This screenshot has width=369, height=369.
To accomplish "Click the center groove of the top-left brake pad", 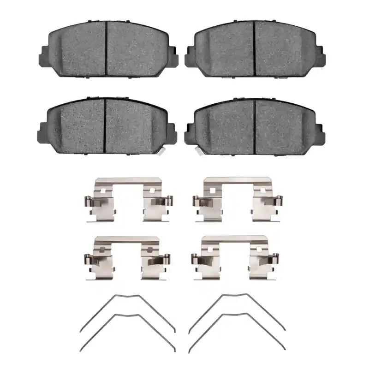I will (107, 48).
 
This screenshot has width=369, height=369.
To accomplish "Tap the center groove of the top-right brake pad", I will (255, 48).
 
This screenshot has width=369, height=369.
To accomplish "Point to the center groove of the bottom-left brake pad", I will (105, 125).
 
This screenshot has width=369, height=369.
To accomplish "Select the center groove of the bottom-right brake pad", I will (255, 126).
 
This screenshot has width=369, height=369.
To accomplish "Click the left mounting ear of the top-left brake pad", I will (42, 55).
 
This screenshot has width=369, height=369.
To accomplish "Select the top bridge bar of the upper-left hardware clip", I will (127, 181).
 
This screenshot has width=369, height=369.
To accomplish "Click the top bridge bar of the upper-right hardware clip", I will (235, 180).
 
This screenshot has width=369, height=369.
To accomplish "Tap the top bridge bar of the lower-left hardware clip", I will (127, 240).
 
